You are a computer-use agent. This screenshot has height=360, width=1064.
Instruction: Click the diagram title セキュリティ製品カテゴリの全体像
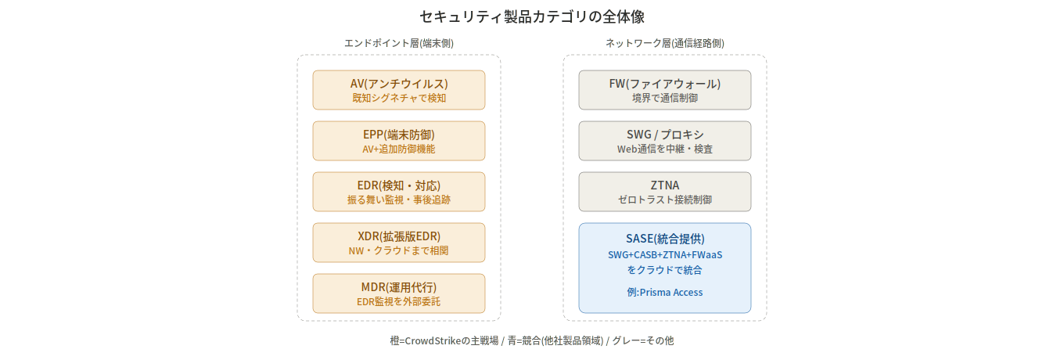click(x=531, y=16)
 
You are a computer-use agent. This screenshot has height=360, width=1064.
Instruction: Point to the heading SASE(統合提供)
click(x=665, y=239)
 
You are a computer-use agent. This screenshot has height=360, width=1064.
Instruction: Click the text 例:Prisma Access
click(x=665, y=293)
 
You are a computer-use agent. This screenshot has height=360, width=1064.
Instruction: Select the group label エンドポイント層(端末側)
click(x=399, y=43)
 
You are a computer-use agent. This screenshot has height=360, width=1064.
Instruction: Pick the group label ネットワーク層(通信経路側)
click(x=665, y=43)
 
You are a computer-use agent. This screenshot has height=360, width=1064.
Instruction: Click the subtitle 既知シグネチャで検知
click(x=399, y=98)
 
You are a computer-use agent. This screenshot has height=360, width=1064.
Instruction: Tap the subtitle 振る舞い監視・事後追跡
click(x=399, y=200)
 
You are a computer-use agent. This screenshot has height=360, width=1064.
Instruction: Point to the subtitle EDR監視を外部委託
click(x=399, y=301)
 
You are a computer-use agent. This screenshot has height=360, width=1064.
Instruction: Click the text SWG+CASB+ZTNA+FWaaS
click(x=665, y=254)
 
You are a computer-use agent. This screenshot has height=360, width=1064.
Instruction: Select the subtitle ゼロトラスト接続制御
click(x=665, y=200)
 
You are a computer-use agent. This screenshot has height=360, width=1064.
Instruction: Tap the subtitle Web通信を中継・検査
click(x=665, y=149)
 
